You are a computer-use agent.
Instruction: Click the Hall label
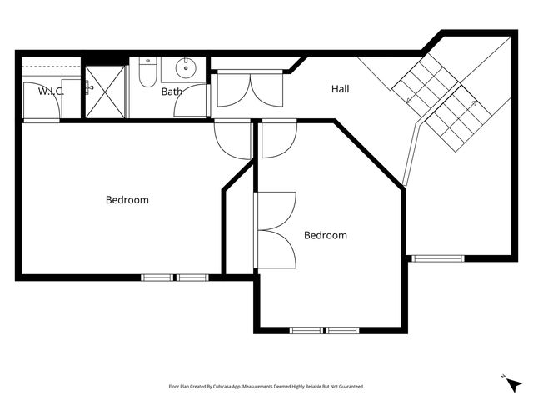(x=341, y=89)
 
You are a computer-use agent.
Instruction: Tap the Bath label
(x=172, y=92)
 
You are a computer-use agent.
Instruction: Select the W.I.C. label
(x=51, y=91)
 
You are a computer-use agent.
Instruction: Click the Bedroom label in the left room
(x=127, y=200)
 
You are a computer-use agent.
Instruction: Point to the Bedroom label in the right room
(x=326, y=235)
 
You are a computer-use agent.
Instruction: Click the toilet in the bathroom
(x=147, y=72)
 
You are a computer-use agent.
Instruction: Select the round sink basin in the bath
(x=186, y=68)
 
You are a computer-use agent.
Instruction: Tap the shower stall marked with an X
(x=105, y=92)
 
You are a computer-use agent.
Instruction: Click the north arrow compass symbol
(x=513, y=383)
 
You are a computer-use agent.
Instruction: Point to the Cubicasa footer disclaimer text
(x=266, y=387)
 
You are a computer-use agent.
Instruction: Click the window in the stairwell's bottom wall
(x=438, y=258)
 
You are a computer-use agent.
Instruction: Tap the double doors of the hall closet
(x=250, y=90)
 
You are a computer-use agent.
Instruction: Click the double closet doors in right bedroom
(x=276, y=230)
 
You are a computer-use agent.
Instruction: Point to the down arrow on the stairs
(x=411, y=101)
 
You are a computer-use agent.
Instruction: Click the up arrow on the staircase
(x=473, y=103)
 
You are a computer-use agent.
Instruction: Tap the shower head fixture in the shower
(x=89, y=87)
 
